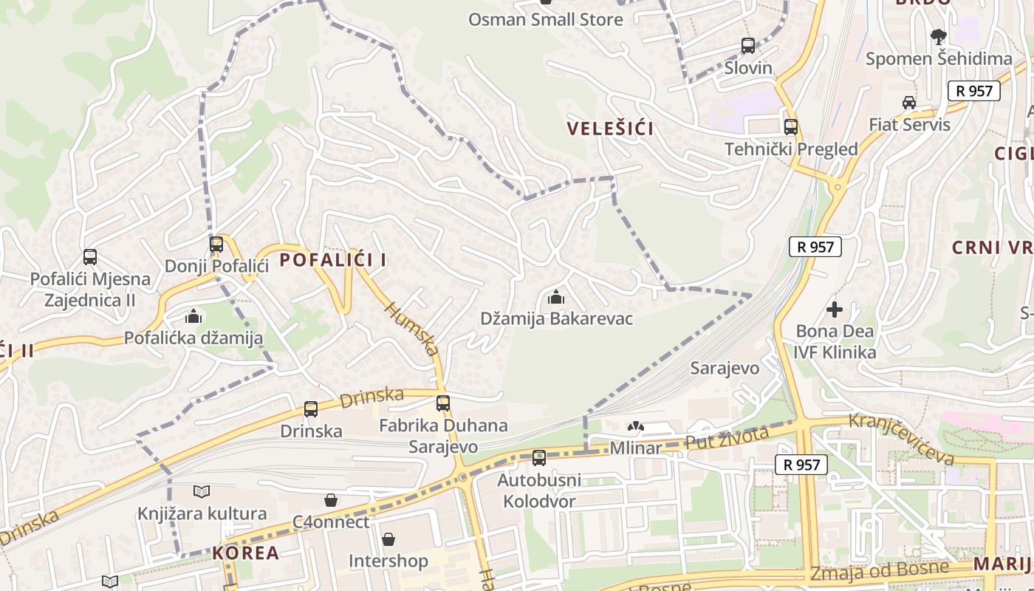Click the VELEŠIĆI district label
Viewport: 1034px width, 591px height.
pyautogui.click(x=610, y=129)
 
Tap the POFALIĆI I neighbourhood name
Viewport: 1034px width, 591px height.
pyautogui.click(x=333, y=260)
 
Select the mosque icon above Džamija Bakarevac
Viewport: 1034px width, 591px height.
pyautogui.click(x=556, y=298)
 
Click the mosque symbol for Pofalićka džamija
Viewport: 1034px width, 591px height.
pyautogui.click(x=194, y=317)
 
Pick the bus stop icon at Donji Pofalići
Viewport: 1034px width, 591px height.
pyautogui.click(x=216, y=244)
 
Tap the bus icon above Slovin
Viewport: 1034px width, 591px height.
pyautogui.click(x=748, y=46)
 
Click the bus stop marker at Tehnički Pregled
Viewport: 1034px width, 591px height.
pyautogui.click(x=791, y=127)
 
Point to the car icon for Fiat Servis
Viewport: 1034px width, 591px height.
pyautogui.click(x=909, y=103)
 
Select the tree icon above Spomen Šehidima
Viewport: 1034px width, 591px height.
pyautogui.click(x=938, y=37)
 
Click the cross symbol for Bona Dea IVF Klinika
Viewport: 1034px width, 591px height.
pyautogui.click(x=835, y=310)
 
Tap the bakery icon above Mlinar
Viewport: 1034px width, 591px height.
pyautogui.click(x=635, y=426)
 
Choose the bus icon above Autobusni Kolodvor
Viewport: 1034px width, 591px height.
pyautogui.click(x=539, y=458)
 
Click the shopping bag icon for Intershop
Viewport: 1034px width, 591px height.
pyautogui.click(x=388, y=539)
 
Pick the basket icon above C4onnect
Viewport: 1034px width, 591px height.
pyautogui.click(x=331, y=500)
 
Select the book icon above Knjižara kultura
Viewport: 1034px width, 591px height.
pyautogui.click(x=202, y=491)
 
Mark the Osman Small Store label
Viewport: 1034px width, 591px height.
pyautogui.click(x=546, y=19)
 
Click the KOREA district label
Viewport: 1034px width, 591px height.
pyautogui.click(x=246, y=553)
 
